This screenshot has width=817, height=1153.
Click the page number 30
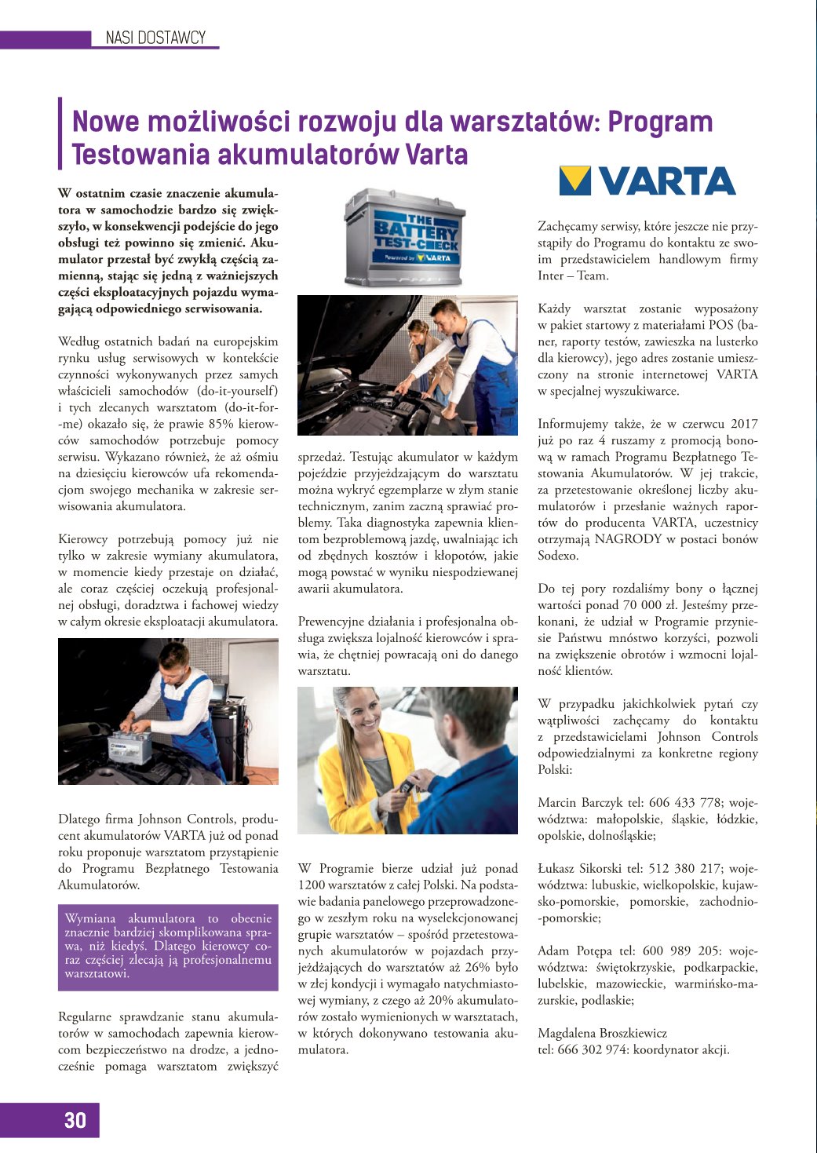click(x=75, y=1120)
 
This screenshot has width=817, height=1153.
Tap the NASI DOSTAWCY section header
click(x=155, y=38)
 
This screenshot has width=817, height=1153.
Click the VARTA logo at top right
click(x=647, y=181)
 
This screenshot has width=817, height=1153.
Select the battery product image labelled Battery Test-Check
click(x=405, y=236)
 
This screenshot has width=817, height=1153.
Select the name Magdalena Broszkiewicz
click(x=602, y=1033)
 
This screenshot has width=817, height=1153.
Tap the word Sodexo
click(x=558, y=556)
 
